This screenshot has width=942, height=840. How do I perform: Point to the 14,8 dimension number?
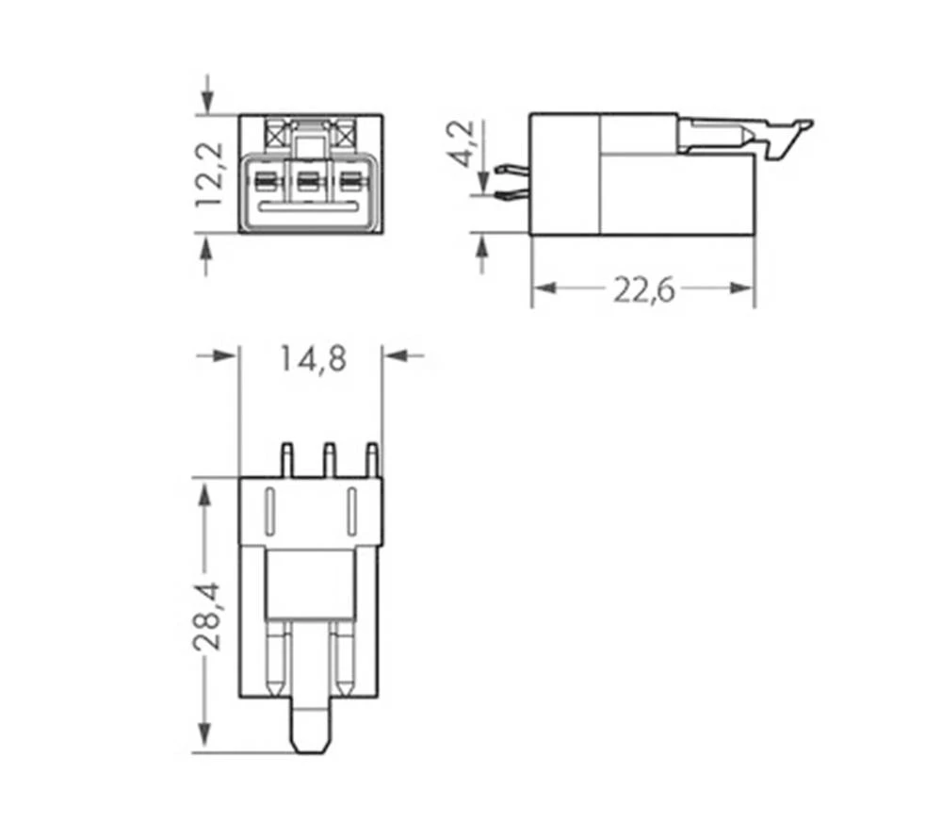312,359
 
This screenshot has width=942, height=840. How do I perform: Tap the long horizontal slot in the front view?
310,206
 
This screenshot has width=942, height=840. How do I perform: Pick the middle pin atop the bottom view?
329,459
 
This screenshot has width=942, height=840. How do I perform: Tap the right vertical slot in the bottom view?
350,514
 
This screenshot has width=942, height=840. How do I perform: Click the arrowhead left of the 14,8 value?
225,355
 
